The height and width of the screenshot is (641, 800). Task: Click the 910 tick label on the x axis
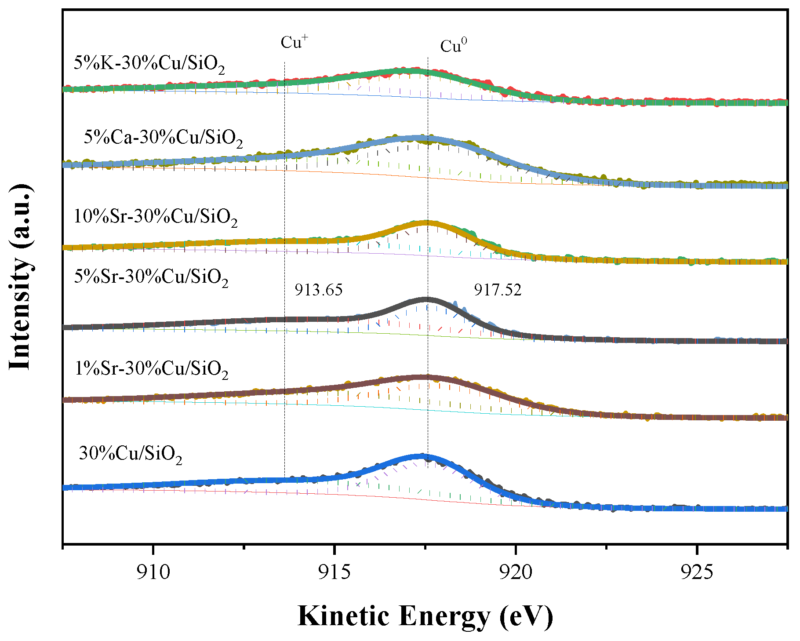pos(153,572)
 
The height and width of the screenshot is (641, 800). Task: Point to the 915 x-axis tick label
pos(335,572)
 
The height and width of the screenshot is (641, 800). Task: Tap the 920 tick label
pos(516,572)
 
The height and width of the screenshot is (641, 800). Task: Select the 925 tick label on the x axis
pos(697,572)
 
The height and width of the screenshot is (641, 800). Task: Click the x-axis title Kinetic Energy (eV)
pos(425,616)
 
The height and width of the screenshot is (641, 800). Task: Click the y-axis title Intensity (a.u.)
pos(21,277)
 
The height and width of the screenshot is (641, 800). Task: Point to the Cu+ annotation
pos(294,42)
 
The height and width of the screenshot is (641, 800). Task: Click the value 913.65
pos(318,290)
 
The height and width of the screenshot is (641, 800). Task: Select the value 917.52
pos(498,290)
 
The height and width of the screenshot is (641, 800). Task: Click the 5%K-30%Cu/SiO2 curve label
pos(149,64)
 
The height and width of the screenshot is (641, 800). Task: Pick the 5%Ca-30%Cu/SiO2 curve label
pos(163,138)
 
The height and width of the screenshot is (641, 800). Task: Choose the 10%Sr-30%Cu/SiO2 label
pos(156,217)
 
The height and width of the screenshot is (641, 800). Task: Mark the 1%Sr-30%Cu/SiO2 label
pos(151,369)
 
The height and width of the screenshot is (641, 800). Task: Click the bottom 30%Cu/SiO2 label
pos(130,454)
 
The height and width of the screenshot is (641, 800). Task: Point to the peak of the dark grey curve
pos(425,300)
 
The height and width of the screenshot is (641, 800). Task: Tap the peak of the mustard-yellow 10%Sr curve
pos(425,223)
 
